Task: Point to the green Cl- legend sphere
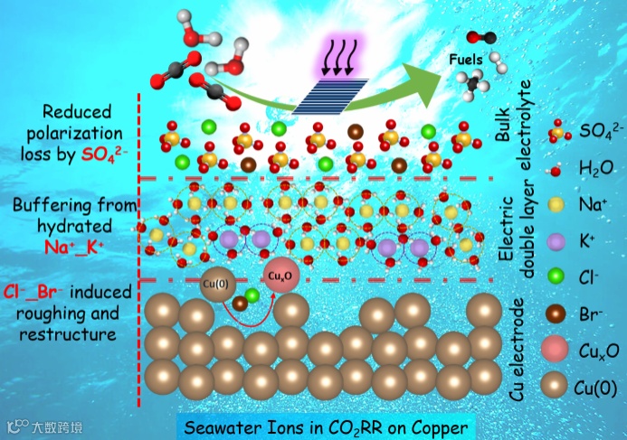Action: tap(556, 278)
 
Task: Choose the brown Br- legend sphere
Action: tap(556, 314)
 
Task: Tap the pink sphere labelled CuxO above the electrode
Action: tap(278, 276)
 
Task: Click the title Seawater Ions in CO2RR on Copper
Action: tap(324, 426)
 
